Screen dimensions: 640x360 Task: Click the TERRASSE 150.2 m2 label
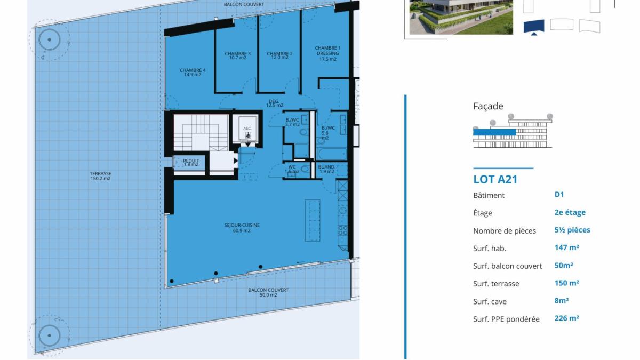point(100,176)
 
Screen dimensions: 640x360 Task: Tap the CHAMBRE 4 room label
point(193,73)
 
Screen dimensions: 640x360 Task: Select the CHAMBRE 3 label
point(237,55)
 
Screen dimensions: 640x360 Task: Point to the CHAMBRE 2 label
point(279,55)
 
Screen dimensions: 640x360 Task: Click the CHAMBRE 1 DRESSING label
point(327,53)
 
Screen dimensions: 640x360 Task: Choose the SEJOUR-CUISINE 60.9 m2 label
point(242,228)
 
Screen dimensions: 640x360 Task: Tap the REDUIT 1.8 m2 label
point(191,163)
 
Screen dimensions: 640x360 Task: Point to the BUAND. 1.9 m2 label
point(326,169)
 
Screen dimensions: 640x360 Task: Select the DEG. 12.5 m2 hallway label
point(275,103)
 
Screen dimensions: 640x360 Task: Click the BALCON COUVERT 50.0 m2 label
point(268,292)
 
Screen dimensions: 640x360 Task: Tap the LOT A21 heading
point(495,179)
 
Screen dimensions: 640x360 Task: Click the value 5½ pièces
point(572,230)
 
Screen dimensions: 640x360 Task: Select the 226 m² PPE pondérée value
point(567,318)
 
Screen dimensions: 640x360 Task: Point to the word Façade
point(488,106)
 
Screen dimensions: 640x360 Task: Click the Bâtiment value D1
point(559,195)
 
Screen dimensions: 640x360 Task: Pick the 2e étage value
point(570,212)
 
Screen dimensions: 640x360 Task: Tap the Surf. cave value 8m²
point(562,300)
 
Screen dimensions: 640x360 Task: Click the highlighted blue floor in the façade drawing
point(494,132)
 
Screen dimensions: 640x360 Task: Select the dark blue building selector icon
point(534,26)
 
